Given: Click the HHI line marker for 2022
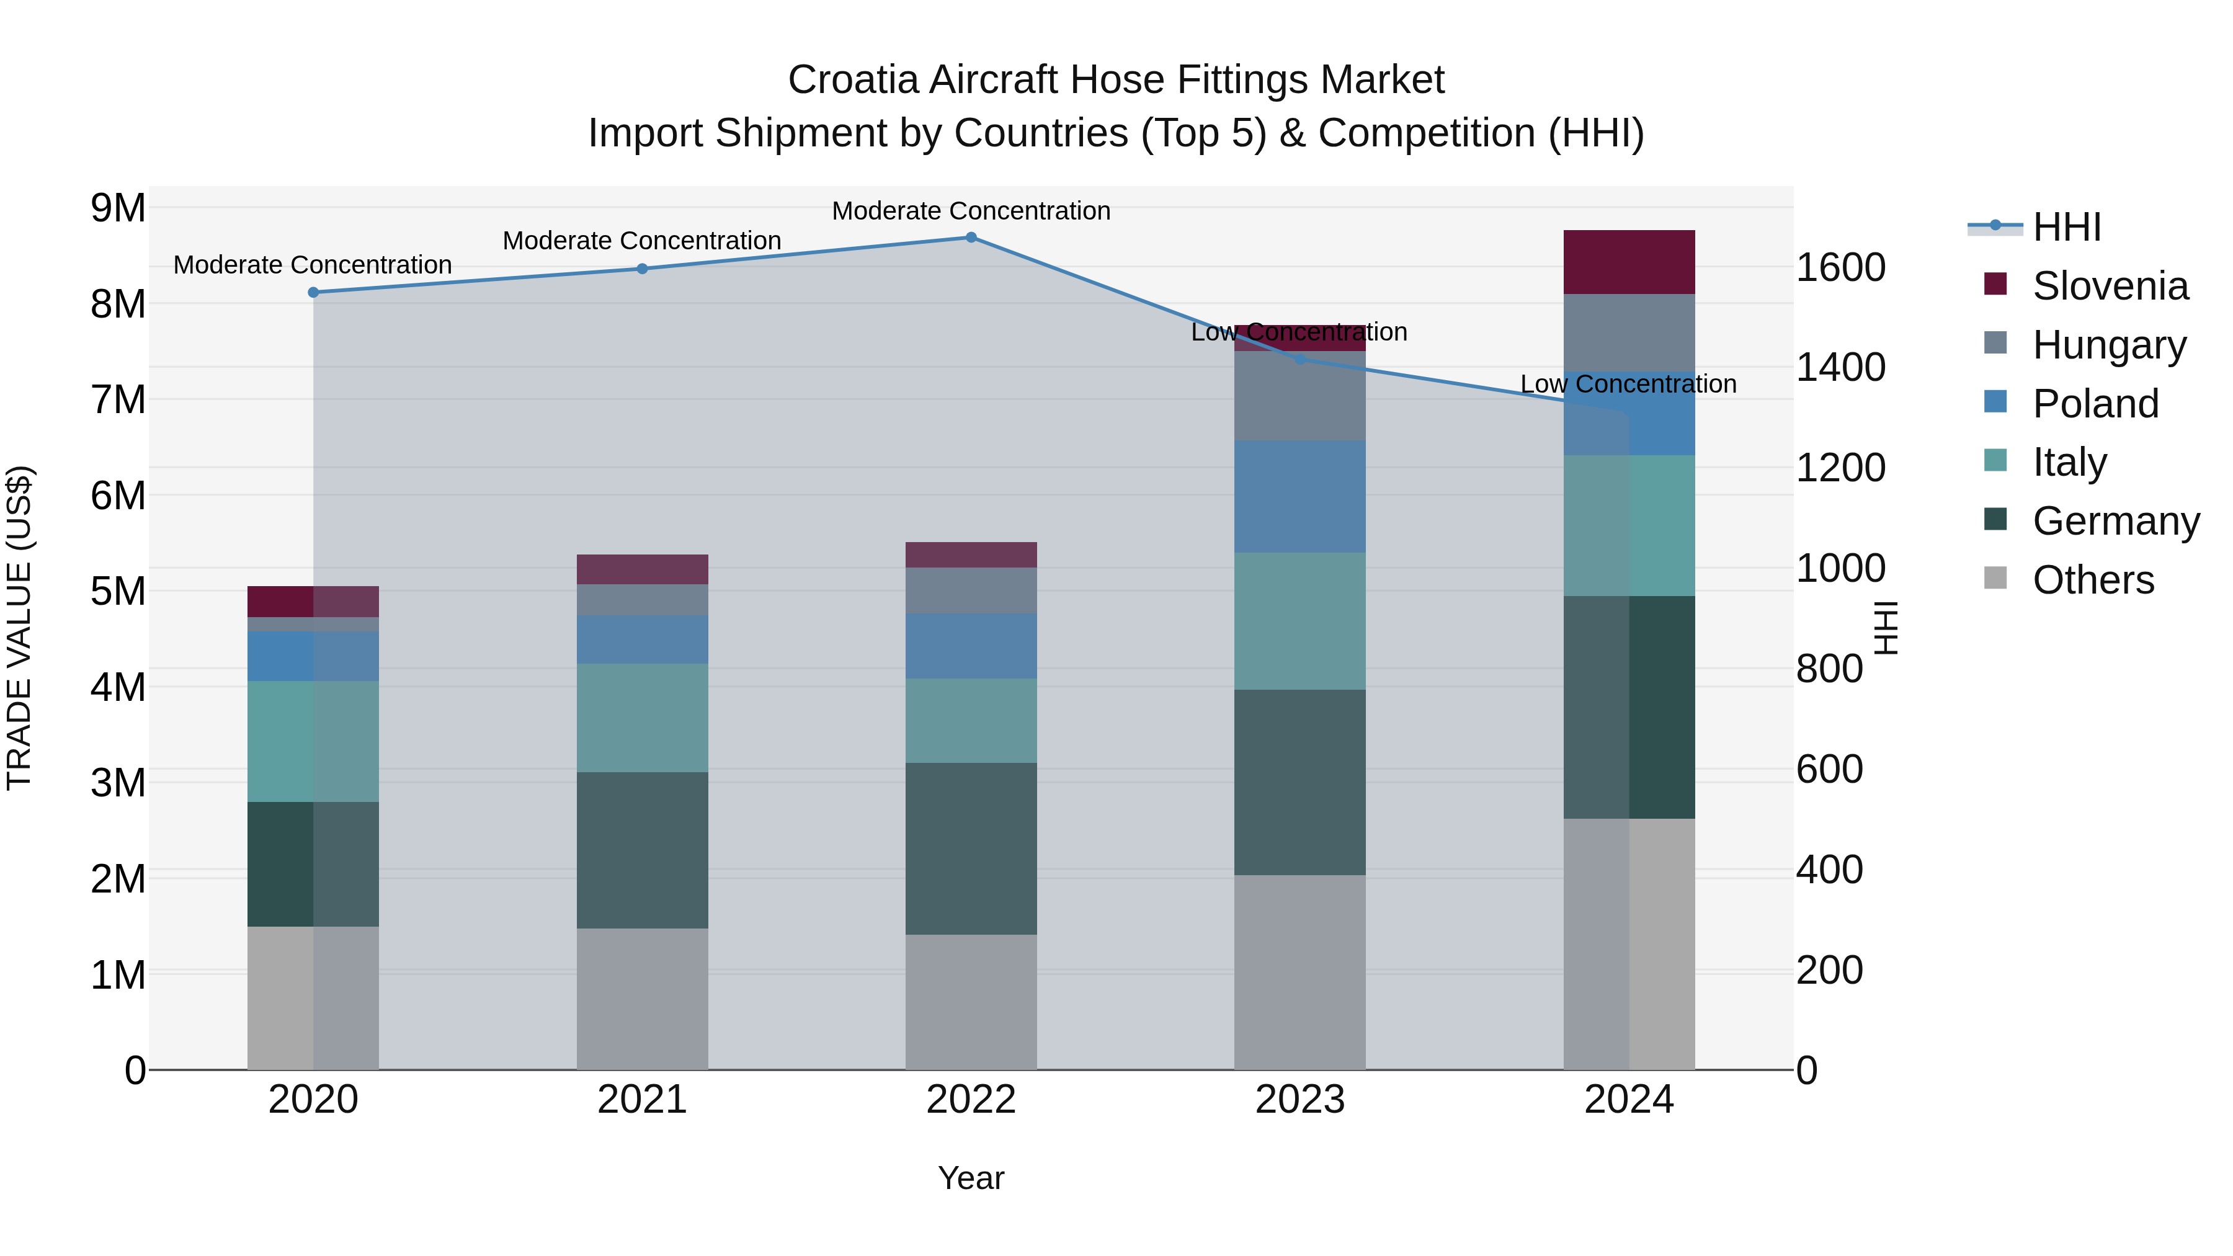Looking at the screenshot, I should [971, 238].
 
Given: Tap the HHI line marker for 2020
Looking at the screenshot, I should [314, 292].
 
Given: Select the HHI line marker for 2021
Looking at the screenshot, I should [643, 269].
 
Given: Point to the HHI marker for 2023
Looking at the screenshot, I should [1299, 359].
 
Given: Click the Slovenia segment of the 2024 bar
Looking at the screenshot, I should [1629, 262].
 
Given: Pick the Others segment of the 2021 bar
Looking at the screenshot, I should [643, 998].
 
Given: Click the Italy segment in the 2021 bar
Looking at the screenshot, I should [643, 717].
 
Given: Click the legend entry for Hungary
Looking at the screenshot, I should [2108, 345].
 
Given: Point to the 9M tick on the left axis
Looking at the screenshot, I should [118, 208].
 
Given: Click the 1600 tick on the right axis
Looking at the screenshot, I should [1840, 267].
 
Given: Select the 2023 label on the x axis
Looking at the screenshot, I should [1299, 1100].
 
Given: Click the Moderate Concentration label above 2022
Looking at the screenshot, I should [971, 211].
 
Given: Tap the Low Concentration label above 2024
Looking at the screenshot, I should [1628, 384].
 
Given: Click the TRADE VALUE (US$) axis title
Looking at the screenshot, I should [19, 628].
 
